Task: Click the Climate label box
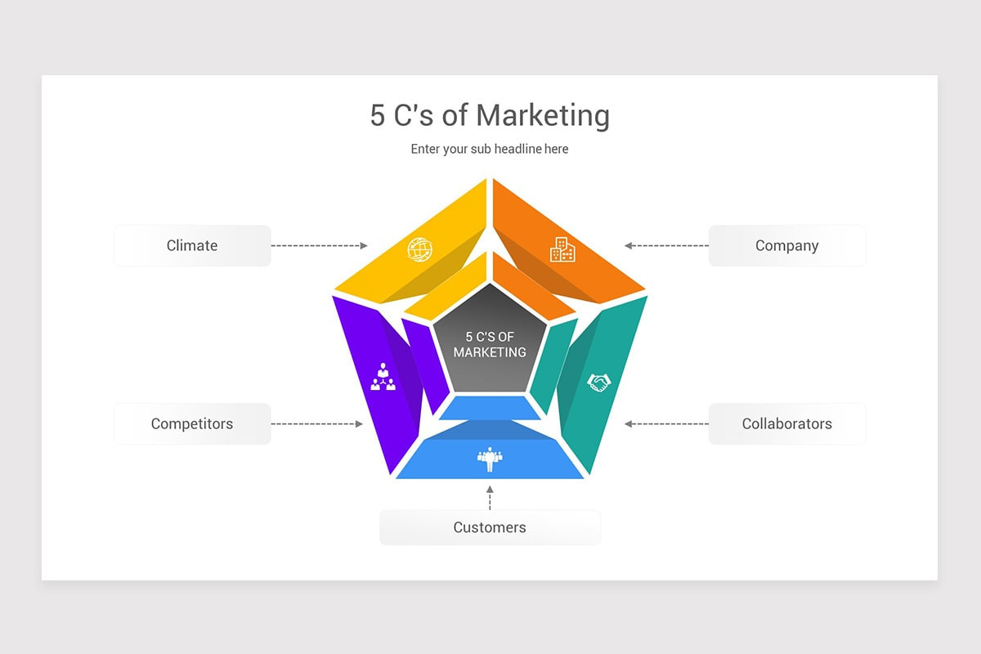pos(192,245)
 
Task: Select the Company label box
pos(786,245)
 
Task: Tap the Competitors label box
pos(192,423)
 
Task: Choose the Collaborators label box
pos(786,423)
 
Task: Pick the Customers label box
pos(490,527)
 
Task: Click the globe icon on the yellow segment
pos(419,249)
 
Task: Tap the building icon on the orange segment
pos(562,249)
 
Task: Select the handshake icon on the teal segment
pos(598,382)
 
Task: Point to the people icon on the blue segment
pos(490,459)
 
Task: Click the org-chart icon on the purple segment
pos(383,377)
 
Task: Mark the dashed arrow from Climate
pos(319,245)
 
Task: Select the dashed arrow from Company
pos(667,245)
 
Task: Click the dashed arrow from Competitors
pos(317,423)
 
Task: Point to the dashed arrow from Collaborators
pos(667,423)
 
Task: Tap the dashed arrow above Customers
pos(490,497)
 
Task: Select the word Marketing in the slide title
pos(543,115)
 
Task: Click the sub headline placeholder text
pos(490,149)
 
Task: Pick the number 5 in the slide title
pos(377,115)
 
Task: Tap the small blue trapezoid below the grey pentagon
pos(490,407)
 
